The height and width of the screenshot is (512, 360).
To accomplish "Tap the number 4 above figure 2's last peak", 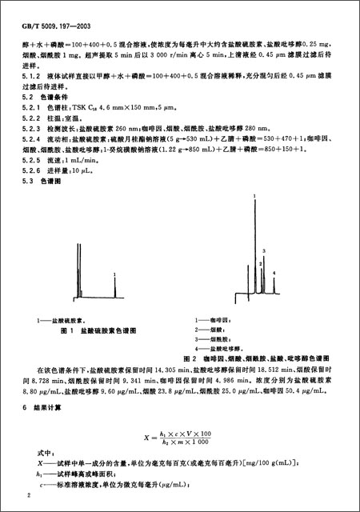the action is [274, 274].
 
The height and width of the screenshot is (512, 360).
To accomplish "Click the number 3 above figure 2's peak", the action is [263, 251].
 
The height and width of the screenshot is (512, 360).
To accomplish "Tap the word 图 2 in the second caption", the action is [190, 358].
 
